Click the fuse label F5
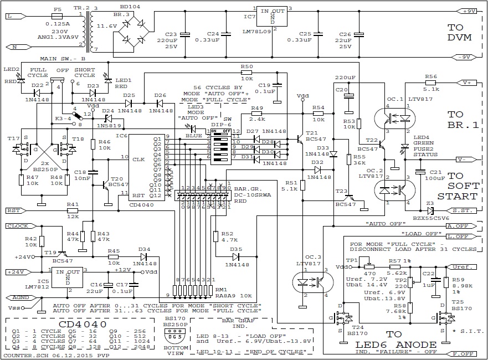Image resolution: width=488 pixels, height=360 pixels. [57, 9]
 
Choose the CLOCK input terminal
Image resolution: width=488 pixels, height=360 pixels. [20, 226]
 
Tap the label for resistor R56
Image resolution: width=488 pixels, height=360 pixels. [431, 76]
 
